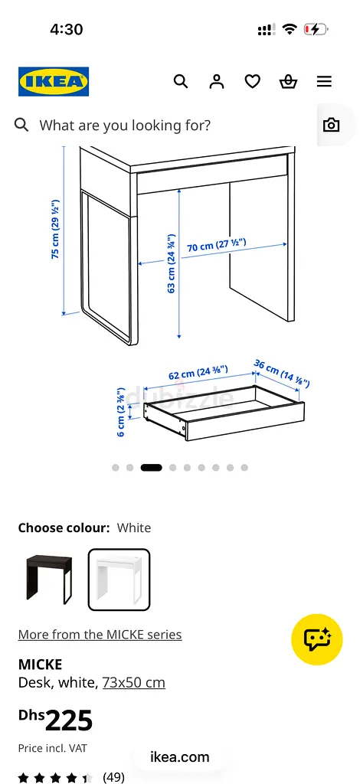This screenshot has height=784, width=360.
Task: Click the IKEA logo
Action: (54, 81)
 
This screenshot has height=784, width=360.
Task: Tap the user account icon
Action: (217, 81)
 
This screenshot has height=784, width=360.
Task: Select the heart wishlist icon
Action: (253, 81)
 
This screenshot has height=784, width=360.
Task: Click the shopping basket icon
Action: (289, 81)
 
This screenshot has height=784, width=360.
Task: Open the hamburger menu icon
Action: (324, 81)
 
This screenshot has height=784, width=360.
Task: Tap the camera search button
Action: (331, 125)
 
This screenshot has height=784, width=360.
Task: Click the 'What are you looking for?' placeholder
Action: (125, 125)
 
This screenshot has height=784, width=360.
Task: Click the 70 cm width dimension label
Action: (217, 244)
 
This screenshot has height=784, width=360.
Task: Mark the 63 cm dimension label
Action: (172, 263)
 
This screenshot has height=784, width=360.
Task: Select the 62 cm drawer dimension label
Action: (198, 373)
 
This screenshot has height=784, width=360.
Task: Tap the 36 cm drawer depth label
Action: (282, 373)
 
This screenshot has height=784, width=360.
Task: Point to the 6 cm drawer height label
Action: (121, 412)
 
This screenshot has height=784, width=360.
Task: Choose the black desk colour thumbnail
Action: (48, 580)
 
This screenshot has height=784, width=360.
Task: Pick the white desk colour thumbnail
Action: (119, 580)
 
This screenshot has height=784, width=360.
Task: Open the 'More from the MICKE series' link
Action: (100, 635)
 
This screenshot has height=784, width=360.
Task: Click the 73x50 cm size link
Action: (134, 682)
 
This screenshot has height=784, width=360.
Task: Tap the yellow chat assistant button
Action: (317, 639)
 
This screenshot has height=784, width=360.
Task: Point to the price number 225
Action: (69, 720)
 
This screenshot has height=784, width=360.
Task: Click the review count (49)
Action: (113, 777)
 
